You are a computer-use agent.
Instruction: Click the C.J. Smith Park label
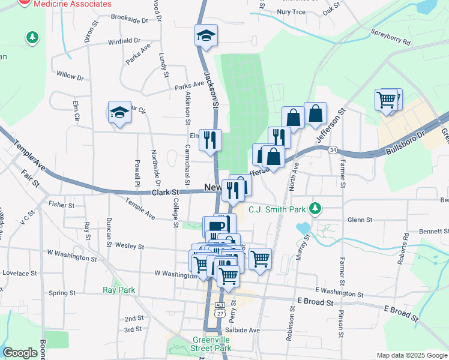[x=278, y=209]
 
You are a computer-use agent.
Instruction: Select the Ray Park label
[x=118, y=290]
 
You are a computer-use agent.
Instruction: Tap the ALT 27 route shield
[x=220, y=309]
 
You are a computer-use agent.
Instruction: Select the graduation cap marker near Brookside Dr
[x=205, y=35]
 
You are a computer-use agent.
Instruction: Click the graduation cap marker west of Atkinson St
[x=119, y=112]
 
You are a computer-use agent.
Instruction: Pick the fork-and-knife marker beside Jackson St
[x=210, y=140]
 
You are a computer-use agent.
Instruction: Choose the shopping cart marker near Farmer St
[x=387, y=99]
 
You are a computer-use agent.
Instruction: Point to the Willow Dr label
[x=70, y=76]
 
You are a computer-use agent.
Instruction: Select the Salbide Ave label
[x=242, y=330]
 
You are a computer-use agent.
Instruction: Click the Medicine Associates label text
[x=73, y=4]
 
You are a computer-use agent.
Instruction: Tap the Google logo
[x=20, y=353]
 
